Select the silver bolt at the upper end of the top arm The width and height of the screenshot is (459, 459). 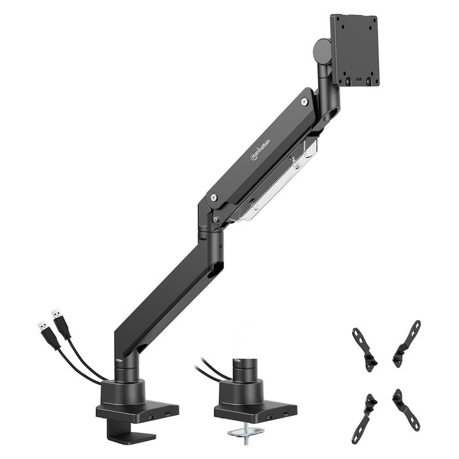point(304,102)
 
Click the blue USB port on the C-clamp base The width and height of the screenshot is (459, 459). point(167,414)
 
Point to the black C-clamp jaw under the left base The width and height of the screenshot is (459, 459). point(128,433)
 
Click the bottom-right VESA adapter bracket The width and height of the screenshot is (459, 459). point(407,410)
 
